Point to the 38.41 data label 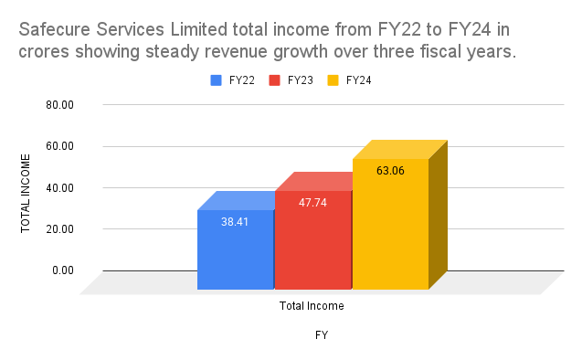pos(235,220)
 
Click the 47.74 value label pos(312,202)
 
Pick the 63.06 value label pos(390,170)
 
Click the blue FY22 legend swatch pos(216,80)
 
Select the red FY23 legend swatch pos(274,80)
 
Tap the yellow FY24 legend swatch pos(333,80)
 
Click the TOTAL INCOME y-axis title pos(26,193)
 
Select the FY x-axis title pos(322,335)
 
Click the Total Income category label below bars pos(312,306)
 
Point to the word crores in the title pos(46,52)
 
